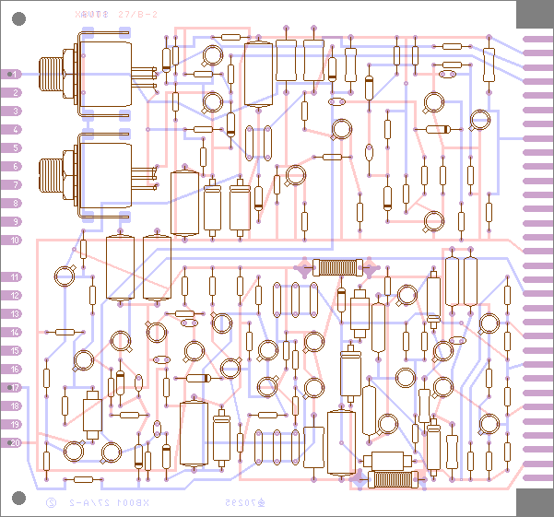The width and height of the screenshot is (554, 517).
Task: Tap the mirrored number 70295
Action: pyautogui.click(x=242, y=503)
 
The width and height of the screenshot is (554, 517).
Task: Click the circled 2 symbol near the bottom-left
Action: pyautogui.click(x=52, y=503)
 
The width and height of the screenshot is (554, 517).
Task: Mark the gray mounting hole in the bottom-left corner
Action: pyautogui.click(x=18, y=499)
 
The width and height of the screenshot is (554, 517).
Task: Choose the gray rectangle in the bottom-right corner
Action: pyautogui.click(x=535, y=502)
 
